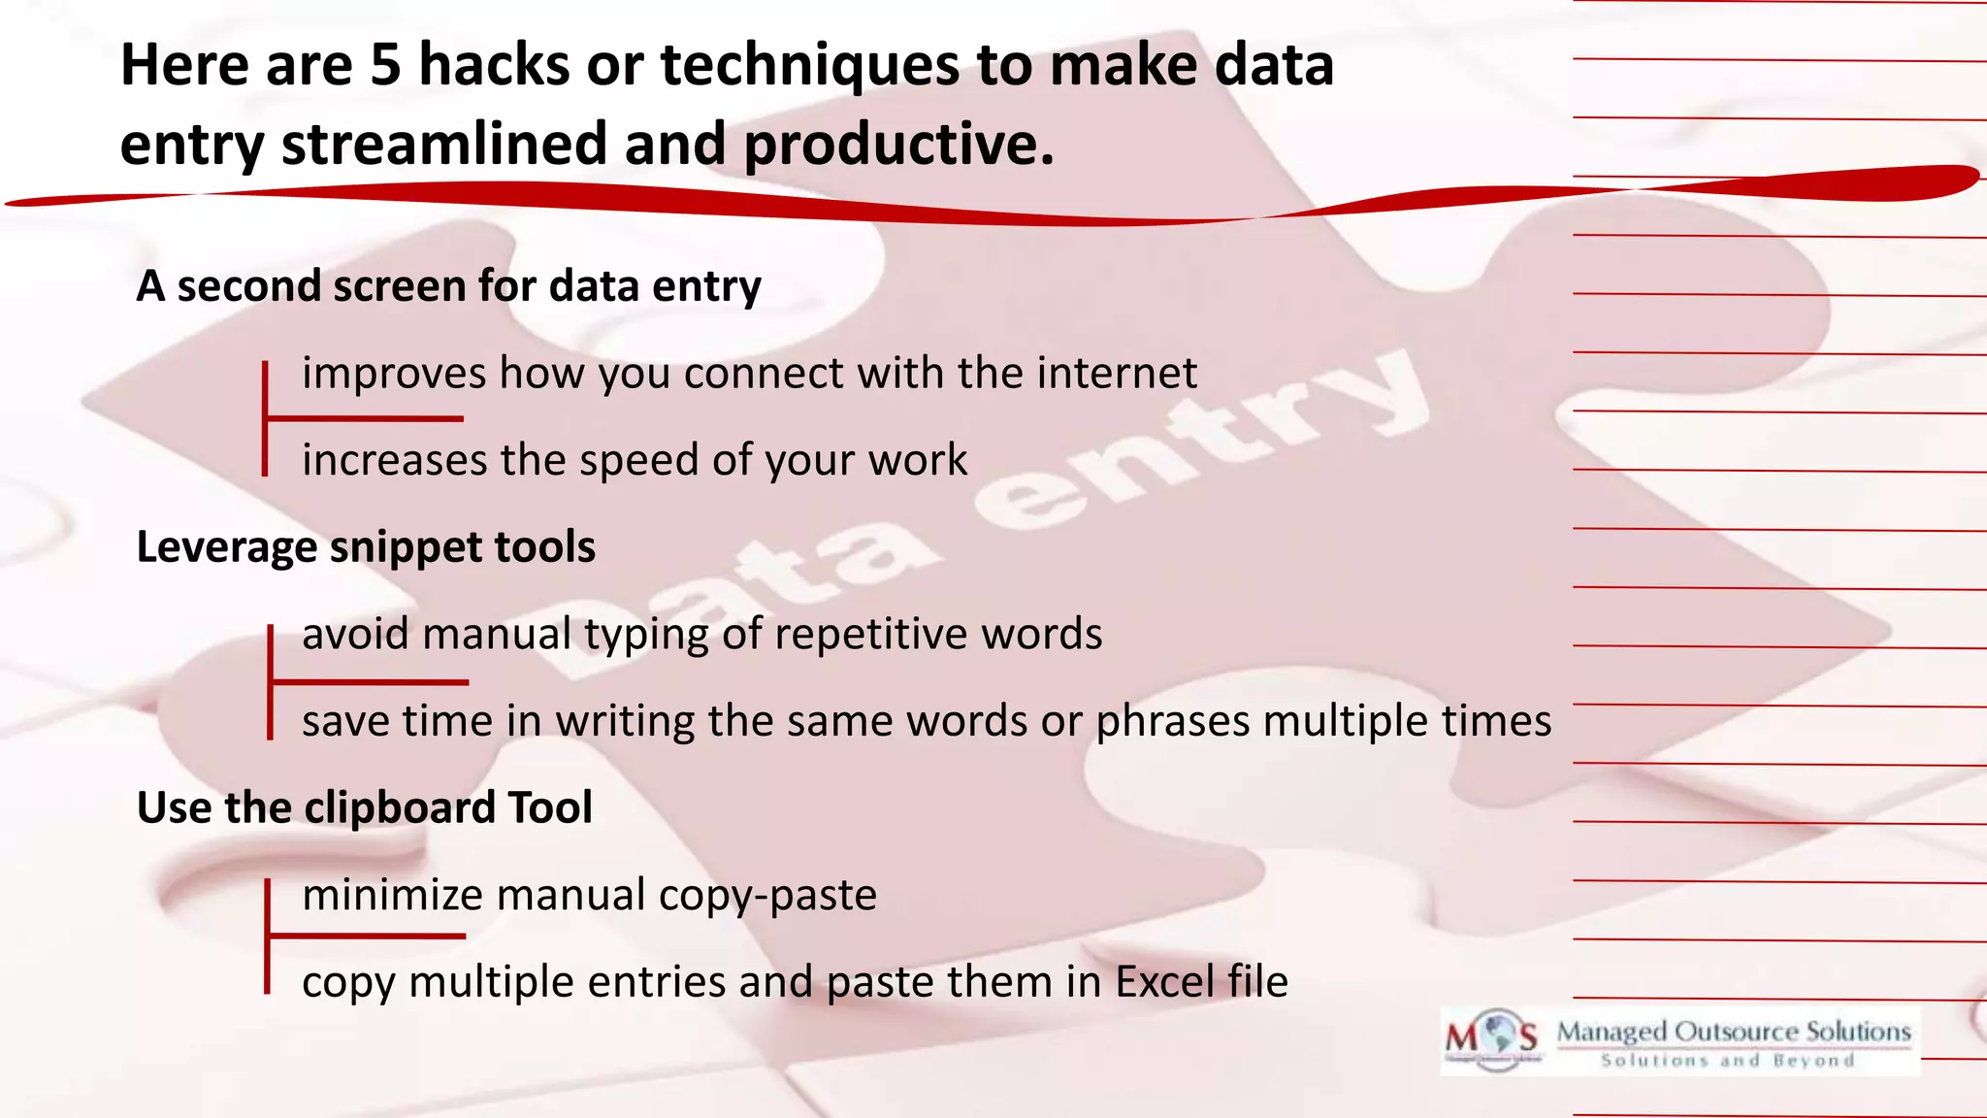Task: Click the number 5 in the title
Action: click(x=385, y=66)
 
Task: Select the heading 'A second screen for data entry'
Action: click(x=448, y=286)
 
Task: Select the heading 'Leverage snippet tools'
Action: click(x=366, y=547)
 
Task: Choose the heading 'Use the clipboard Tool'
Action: click(x=364, y=808)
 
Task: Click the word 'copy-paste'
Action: click(x=767, y=895)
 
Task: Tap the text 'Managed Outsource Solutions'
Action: click(x=1734, y=1032)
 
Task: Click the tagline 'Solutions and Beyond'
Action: click(x=1727, y=1061)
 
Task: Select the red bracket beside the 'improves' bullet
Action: click(x=265, y=418)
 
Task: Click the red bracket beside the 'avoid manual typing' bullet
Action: click(x=271, y=682)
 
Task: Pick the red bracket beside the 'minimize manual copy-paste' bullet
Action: click(x=268, y=937)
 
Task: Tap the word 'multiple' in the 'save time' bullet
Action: click(x=1345, y=722)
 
